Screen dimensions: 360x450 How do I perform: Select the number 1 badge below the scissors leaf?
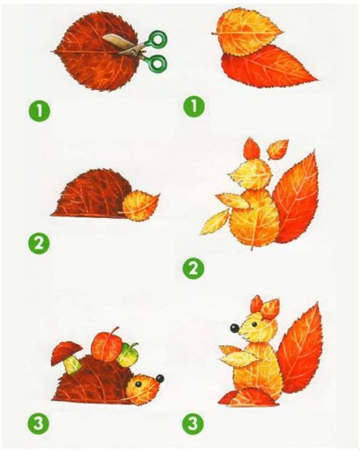39,111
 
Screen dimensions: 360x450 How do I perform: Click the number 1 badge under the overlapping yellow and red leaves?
194,106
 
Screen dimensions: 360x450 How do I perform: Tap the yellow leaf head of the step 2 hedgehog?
140,207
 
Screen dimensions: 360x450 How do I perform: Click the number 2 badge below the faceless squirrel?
194,268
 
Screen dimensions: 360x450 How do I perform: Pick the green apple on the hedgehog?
128,355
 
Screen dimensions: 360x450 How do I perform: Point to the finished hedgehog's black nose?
160,379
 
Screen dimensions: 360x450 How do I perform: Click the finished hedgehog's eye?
139,384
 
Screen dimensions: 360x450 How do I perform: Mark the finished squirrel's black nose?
235,328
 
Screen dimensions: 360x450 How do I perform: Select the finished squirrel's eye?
254,325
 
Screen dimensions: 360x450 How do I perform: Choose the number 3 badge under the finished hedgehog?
39,423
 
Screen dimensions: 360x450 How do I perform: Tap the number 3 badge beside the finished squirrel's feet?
194,423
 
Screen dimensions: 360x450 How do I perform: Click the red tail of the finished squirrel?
300,350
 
